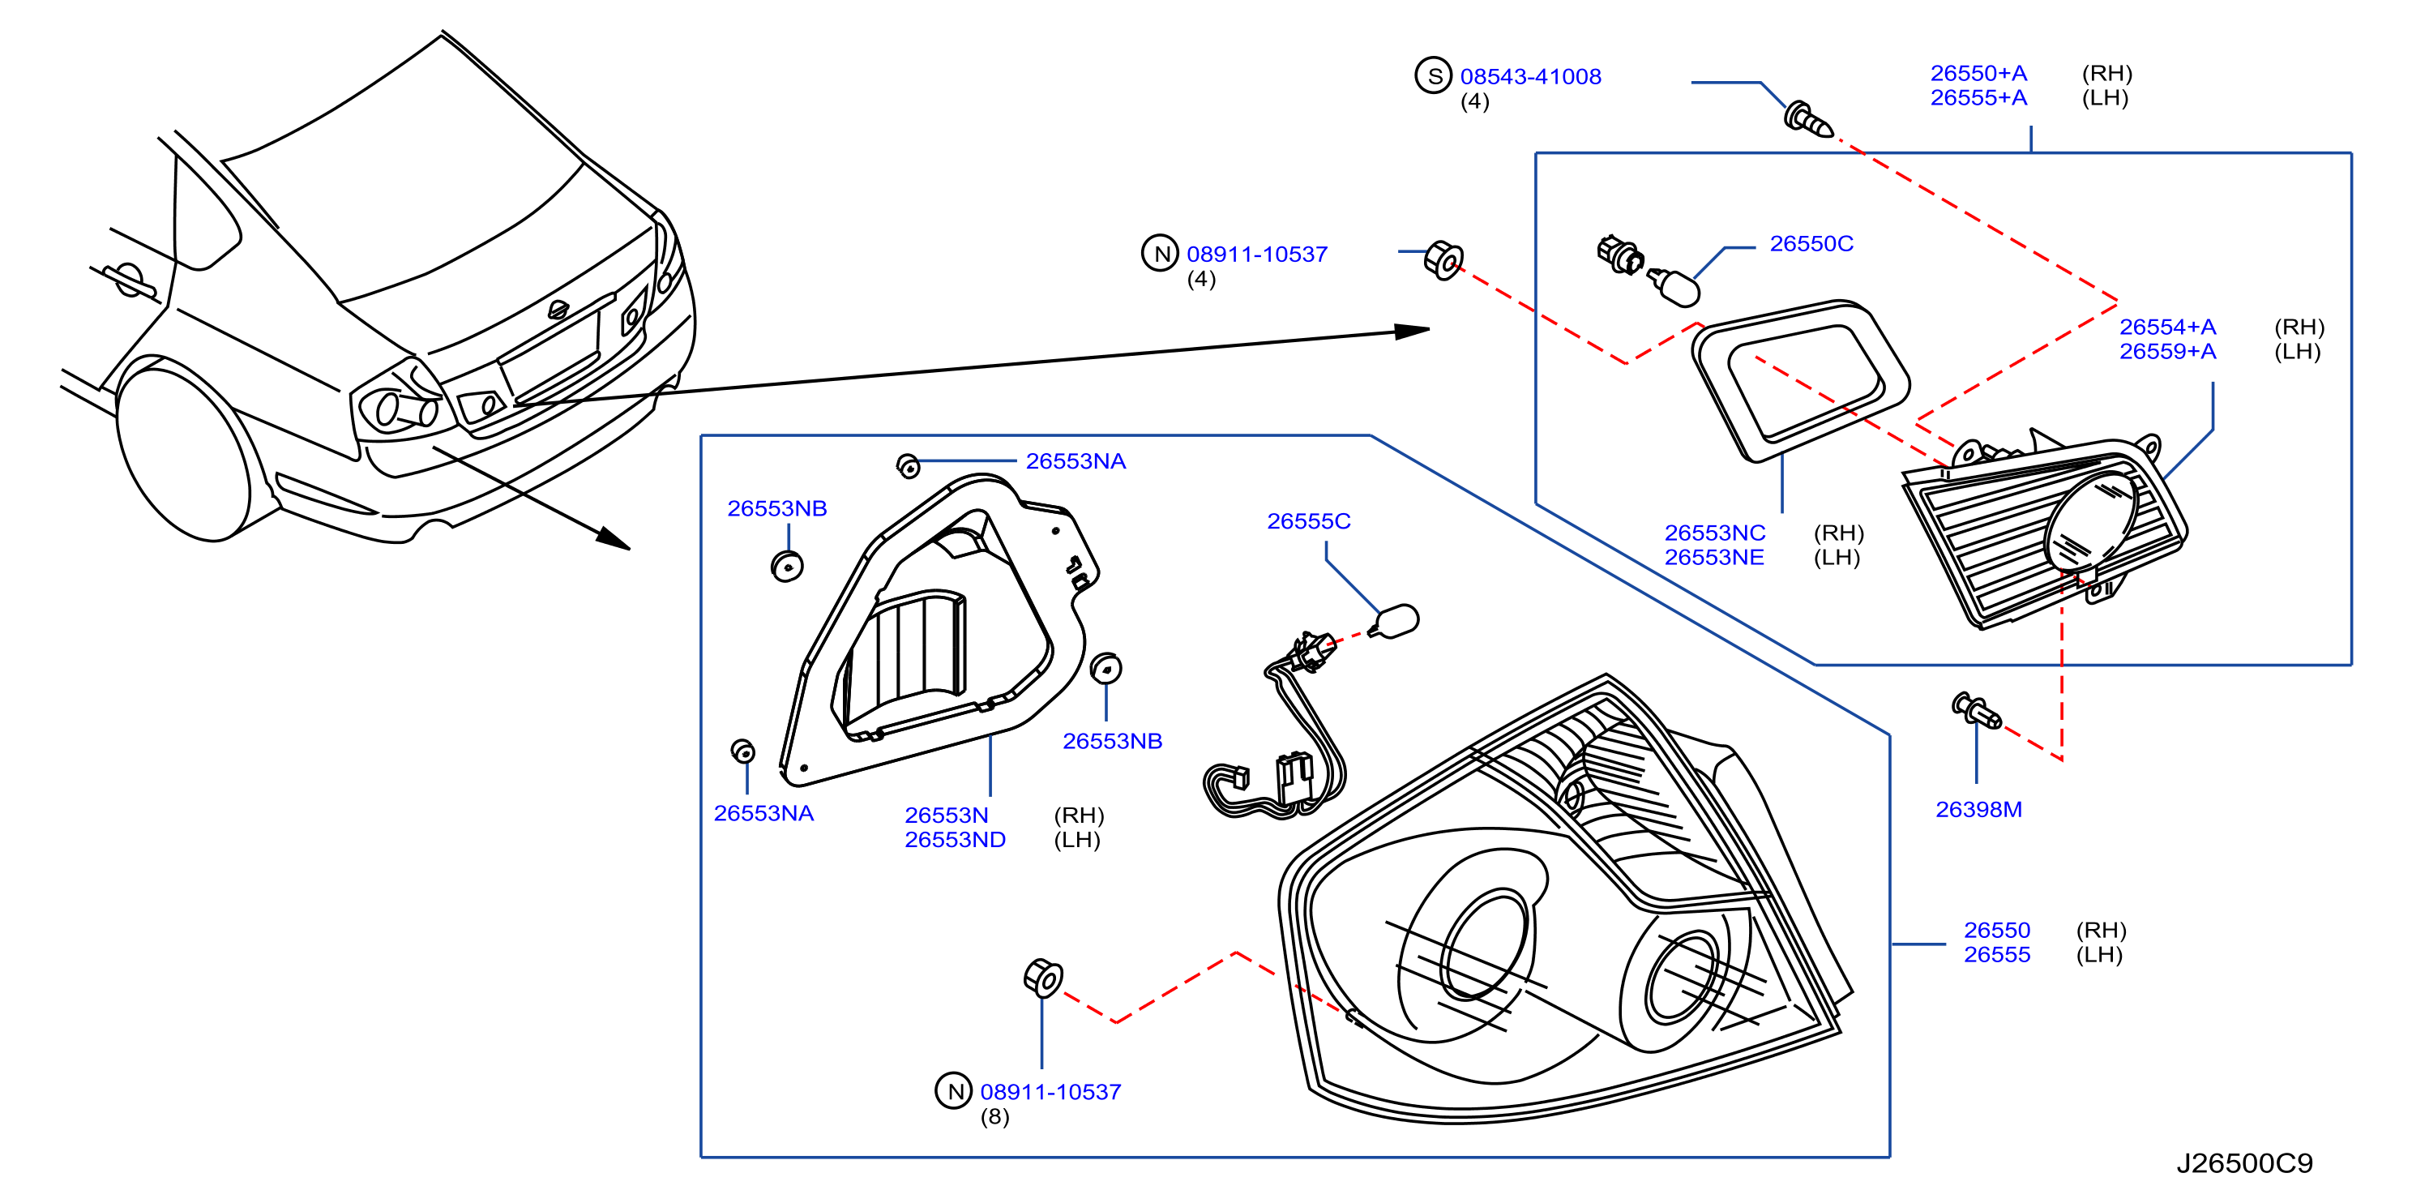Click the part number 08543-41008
[1530, 77]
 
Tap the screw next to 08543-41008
[1808, 120]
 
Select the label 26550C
[1811, 243]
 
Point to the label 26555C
[1308, 520]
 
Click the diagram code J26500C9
[2243, 1162]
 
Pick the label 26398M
[1978, 809]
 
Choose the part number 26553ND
[955, 840]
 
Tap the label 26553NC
[1714, 533]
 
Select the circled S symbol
[1433, 76]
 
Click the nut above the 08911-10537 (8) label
[1043, 978]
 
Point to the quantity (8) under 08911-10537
[994, 1117]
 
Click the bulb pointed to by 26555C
[1394, 621]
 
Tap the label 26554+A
[2167, 327]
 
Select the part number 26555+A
[1978, 97]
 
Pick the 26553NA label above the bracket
[1075, 460]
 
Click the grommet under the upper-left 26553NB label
[786, 567]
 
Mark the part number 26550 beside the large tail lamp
[1996, 930]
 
